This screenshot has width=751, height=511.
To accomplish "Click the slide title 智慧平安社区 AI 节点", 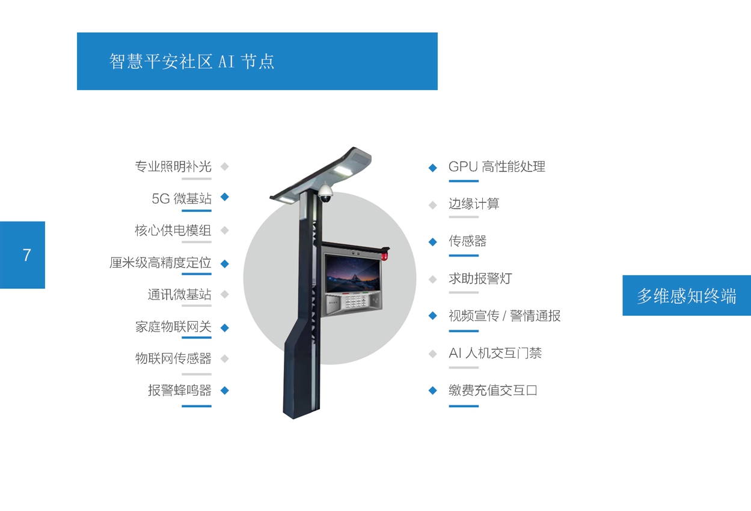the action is point(192,61).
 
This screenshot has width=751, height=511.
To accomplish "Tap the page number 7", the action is point(27,255).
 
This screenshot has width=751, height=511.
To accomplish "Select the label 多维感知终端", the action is point(686,296).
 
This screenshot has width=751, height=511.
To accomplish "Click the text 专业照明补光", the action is point(173,166).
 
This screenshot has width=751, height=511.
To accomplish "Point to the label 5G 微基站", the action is point(182,199).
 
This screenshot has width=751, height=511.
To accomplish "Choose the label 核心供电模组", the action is point(173,231).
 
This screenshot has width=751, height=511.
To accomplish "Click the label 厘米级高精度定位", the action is point(161,262).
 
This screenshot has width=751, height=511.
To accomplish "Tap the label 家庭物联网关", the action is point(173,327).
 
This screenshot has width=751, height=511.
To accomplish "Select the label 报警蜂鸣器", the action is point(180,390).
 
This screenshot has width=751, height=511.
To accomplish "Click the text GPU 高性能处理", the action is point(497,166).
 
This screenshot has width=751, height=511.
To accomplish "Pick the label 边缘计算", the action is point(474,204).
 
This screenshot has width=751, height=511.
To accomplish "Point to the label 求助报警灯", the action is point(480,278).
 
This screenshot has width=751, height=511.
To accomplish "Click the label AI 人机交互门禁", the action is point(495,353).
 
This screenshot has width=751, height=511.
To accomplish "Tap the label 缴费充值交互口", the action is point(493,390).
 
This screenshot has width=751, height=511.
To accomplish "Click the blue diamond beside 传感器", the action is point(433,242).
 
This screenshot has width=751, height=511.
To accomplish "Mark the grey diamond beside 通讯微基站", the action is point(225,294).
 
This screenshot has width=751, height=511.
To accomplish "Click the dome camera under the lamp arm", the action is point(325,193).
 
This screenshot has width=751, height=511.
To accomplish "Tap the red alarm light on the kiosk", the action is point(384,256).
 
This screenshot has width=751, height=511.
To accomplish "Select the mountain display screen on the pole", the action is point(353,273).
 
